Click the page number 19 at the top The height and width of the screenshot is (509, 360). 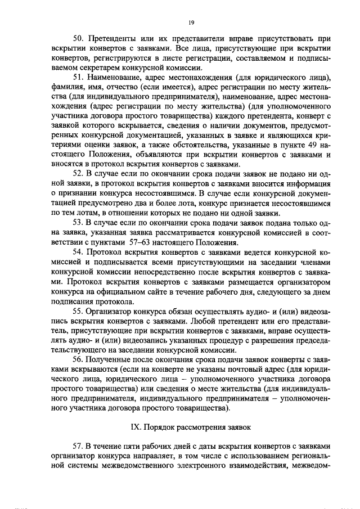click(191, 22)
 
